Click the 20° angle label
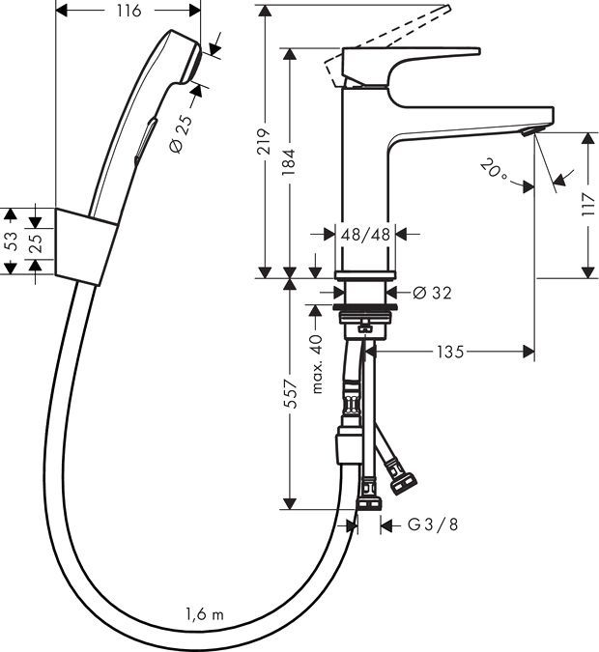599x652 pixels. tap(494, 173)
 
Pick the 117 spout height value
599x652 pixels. tap(589, 206)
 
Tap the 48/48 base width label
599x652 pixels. tap(365, 234)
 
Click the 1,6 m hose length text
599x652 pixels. tap(205, 614)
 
